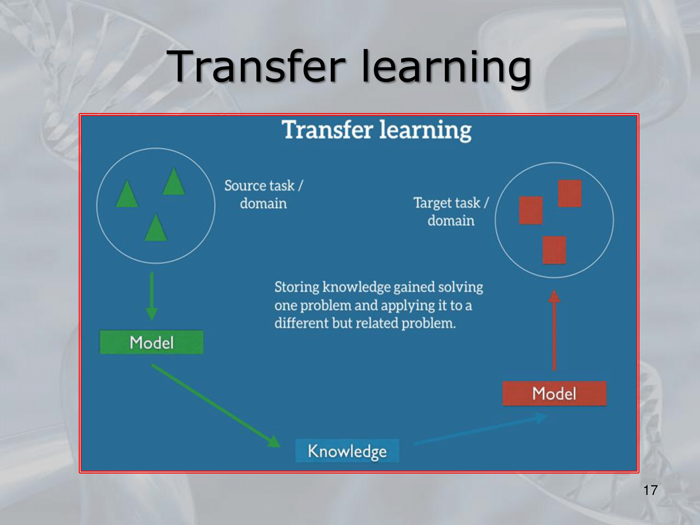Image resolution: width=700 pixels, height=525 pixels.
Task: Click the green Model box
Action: pos(152,342)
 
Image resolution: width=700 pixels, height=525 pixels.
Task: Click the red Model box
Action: pos(554,393)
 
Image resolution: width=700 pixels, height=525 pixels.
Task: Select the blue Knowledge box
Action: pos(347,451)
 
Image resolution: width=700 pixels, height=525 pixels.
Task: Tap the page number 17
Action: pos(650,490)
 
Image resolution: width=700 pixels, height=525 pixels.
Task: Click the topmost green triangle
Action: pos(174,181)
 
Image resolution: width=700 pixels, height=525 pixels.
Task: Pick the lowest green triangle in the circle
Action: pos(156,228)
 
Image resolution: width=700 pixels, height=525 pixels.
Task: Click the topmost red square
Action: pos(570,194)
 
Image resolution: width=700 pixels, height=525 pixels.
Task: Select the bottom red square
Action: pos(554,250)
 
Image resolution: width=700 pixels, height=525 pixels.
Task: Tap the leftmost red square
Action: pos(531,210)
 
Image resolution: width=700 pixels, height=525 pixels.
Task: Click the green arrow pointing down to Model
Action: pos(152,296)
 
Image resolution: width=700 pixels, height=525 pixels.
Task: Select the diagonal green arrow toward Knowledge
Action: pos(216,405)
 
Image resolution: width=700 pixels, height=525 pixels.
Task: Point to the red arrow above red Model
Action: pos(554,330)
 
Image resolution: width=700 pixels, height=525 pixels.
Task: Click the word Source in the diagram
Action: pos(244,185)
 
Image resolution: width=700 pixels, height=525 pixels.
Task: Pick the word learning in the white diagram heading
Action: pos(426,130)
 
